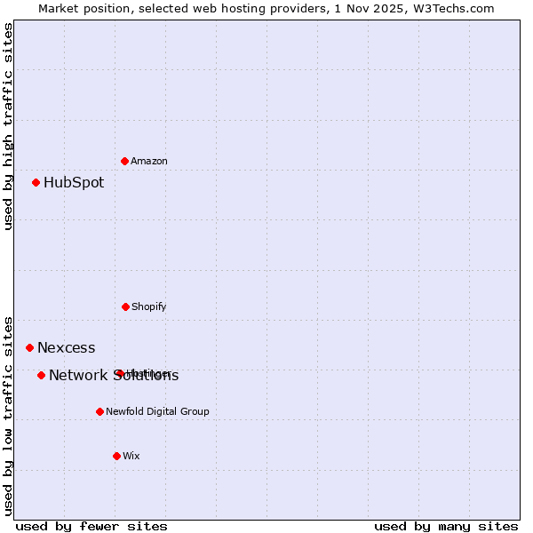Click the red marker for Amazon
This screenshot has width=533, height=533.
(125, 161)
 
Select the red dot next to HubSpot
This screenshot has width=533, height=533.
(36, 183)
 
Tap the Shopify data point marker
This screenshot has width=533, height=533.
(125, 306)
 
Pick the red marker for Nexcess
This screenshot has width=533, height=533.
(30, 347)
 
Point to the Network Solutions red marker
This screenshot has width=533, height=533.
(42, 376)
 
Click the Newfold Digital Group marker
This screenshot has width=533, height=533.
(99, 411)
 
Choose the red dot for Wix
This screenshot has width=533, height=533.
(116, 456)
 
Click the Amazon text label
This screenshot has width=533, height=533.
(149, 161)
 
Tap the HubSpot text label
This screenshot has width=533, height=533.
(74, 183)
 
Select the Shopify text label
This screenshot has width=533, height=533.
(149, 306)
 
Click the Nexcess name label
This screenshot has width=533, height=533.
(67, 347)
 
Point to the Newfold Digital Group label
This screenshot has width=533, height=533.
(157, 411)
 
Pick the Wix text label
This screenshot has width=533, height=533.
(131, 456)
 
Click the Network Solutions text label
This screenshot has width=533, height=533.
(114, 376)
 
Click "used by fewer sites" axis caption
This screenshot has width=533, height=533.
(91, 526)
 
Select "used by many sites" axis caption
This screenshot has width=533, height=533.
(446, 526)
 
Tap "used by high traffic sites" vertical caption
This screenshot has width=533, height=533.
(8, 126)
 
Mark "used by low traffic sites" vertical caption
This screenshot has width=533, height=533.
(8, 415)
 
